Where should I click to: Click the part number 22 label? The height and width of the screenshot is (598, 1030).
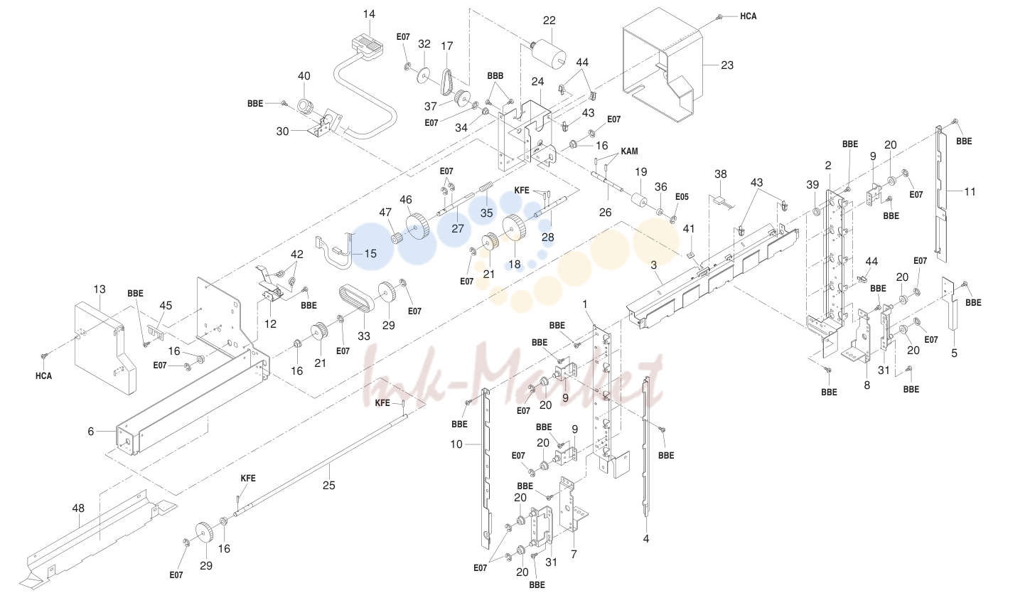tap(549, 21)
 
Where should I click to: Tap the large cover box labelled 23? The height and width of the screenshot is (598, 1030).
tap(662, 65)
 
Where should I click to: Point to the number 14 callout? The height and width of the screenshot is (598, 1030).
tap(369, 14)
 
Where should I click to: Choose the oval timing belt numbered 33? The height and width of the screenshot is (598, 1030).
tap(356, 299)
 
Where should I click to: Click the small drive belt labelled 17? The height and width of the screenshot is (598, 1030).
tap(446, 82)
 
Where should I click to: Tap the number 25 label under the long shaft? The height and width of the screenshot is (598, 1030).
tap(329, 486)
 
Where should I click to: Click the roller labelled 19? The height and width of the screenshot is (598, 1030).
tap(638, 201)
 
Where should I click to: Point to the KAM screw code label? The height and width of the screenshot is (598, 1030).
tap(629, 151)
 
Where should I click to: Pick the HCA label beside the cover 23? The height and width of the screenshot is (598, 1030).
tap(748, 16)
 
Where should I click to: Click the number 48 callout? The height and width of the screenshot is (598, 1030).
tap(78, 508)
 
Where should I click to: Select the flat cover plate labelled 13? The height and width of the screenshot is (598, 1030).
tap(104, 348)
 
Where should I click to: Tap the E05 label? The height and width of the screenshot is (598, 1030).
tap(682, 197)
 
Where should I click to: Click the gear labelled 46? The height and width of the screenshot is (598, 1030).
tap(417, 226)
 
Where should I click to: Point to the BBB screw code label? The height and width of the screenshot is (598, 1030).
tap(495, 76)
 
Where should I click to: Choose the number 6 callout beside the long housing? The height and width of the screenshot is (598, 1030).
tap(90, 432)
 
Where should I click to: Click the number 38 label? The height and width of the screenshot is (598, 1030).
tap(721, 174)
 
